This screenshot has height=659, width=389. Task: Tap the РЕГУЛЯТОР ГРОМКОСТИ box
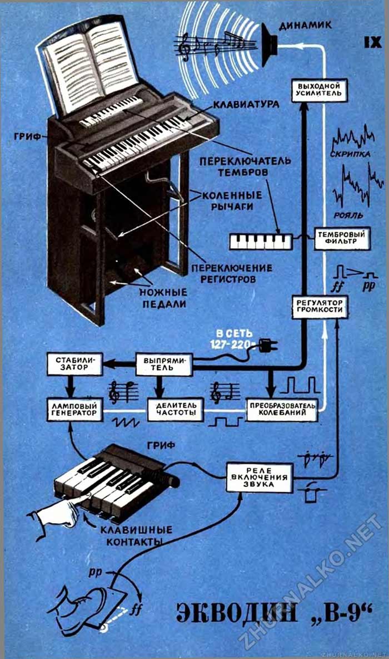[320, 307]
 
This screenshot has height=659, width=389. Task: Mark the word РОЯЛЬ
[350, 215]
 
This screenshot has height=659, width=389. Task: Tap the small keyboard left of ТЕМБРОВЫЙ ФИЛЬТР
[260, 241]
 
